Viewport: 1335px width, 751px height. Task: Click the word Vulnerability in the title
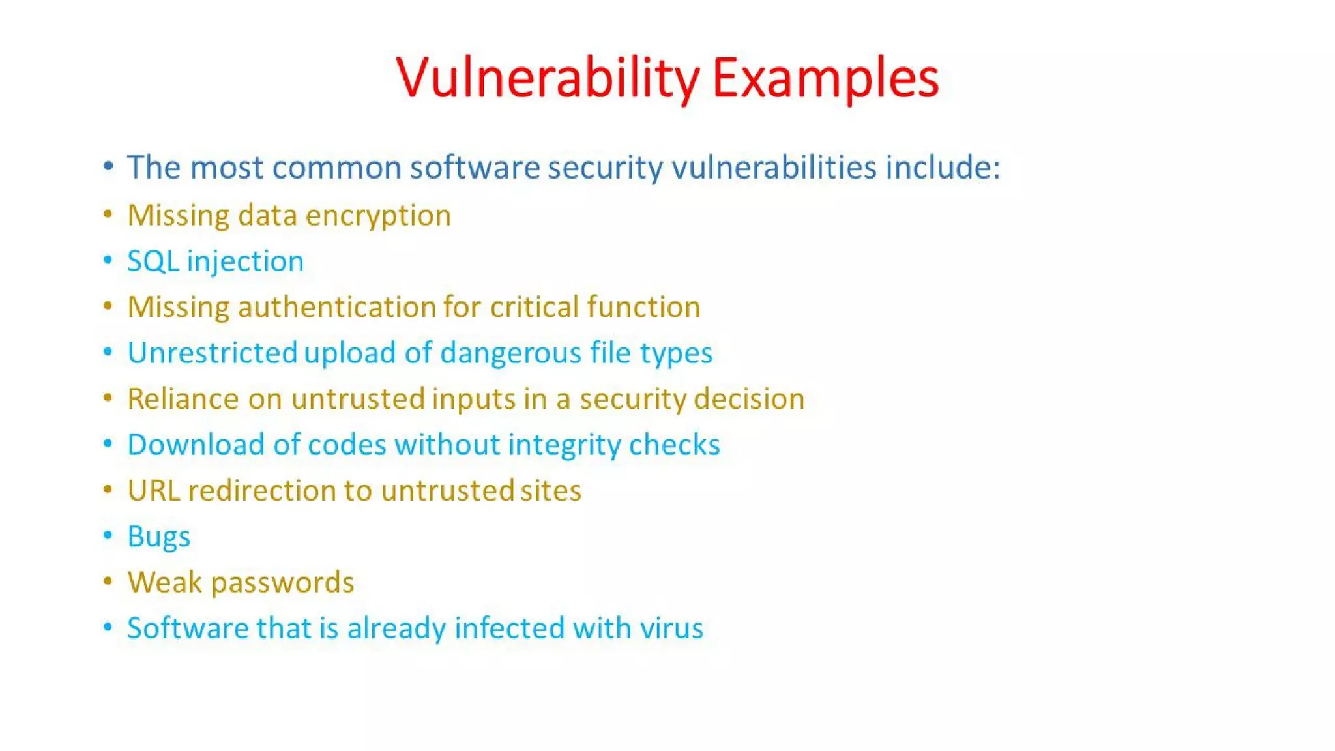(x=548, y=78)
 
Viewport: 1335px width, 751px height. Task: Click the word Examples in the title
(x=825, y=78)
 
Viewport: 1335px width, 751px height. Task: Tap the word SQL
(x=153, y=261)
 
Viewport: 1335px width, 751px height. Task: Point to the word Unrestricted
(x=213, y=353)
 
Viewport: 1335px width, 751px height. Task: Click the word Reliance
(x=183, y=399)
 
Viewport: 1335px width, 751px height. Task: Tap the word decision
(x=749, y=399)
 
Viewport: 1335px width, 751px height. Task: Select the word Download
(x=196, y=445)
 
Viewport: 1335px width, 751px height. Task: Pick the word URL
(x=153, y=491)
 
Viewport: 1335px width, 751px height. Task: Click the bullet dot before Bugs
(x=108, y=535)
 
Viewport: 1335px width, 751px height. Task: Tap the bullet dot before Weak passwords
(x=108, y=581)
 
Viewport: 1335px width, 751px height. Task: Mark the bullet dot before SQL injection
(x=108, y=260)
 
